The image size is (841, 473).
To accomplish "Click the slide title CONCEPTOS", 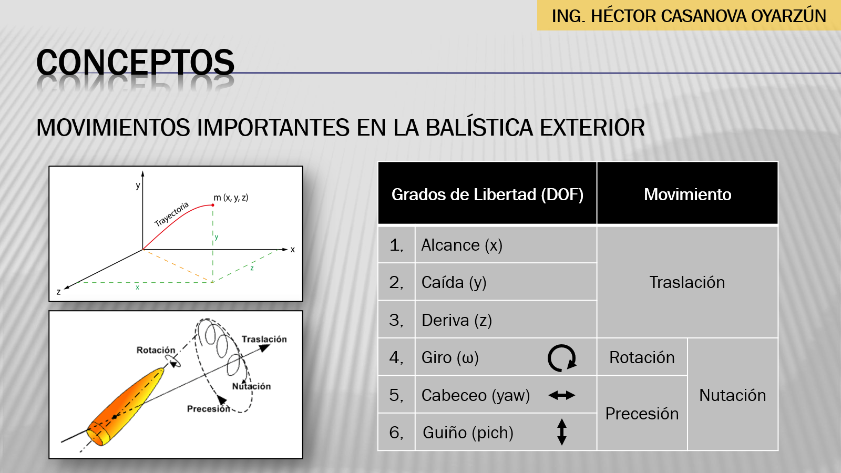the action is (x=136, y=63).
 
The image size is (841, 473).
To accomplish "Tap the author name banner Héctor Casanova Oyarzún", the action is (x=689, y=16).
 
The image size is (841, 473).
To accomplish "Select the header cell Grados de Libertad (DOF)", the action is (x=487, y=194).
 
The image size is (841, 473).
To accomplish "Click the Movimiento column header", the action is (x=688, y=194).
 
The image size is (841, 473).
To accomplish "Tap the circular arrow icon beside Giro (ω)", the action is (x=562, y=358).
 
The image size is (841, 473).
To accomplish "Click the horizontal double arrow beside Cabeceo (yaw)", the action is (x=562, y=395).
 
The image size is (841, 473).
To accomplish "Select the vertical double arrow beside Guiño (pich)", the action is (x=562, y=431).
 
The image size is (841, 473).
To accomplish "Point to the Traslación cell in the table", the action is (x=687, y=282).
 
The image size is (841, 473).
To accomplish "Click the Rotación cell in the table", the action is (x=642, y=357).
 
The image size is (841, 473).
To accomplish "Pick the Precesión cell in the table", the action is (x=642, y=414).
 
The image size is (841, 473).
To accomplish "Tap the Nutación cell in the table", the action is (x=733, y=395).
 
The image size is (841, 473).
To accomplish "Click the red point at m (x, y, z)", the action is (x=213, y=205).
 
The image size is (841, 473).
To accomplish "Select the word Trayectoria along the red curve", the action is (x=171, y=214).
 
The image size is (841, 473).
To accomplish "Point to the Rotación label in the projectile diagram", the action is (x=156, y=350).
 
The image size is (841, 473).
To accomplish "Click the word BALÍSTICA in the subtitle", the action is (x=479, y=127).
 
